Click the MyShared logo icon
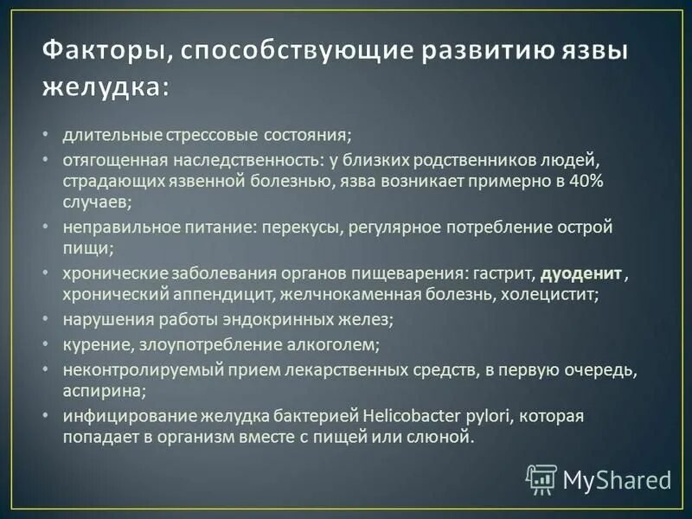coord(541,479)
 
